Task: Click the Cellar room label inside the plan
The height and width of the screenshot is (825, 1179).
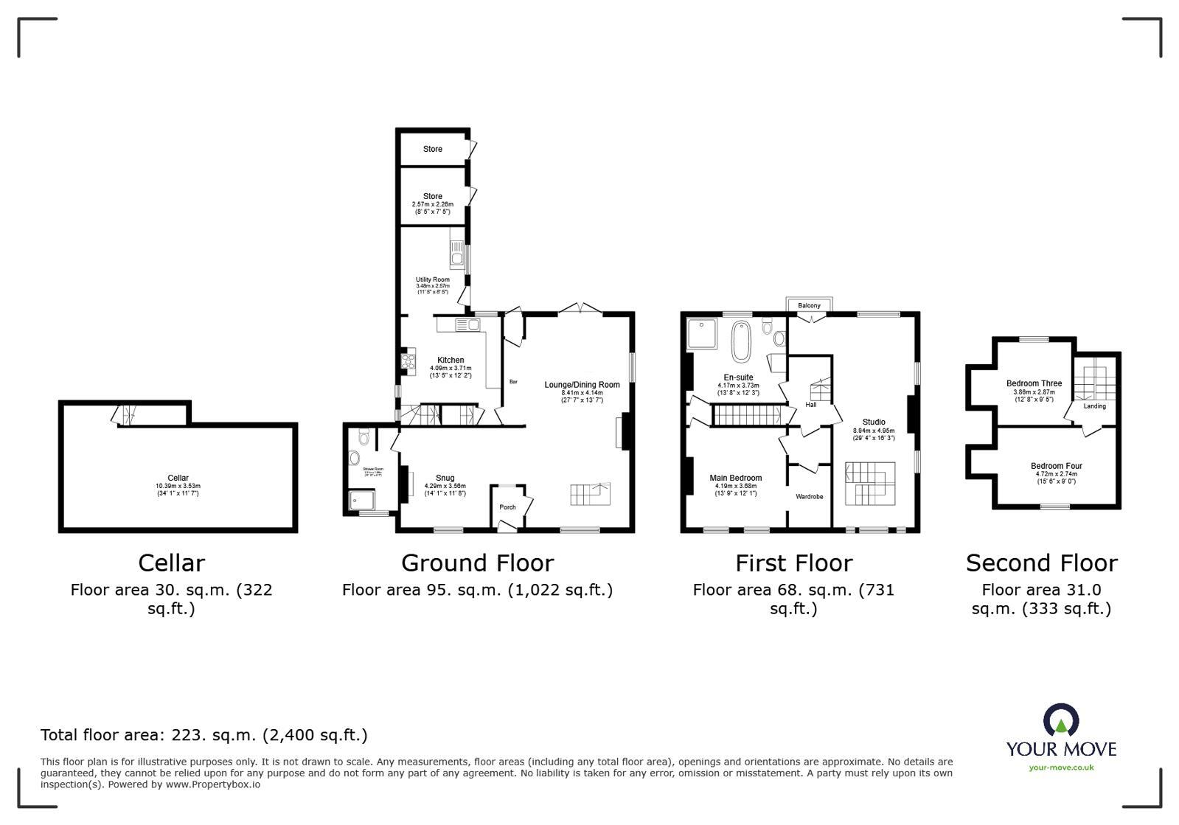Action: pos(178,478)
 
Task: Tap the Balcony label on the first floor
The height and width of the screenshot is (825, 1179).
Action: pos(809,305)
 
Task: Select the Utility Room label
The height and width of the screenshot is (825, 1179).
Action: pos(432,279)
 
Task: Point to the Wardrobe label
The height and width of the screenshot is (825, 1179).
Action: pos(809,497)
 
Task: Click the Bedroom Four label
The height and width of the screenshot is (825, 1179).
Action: pos(1056,466)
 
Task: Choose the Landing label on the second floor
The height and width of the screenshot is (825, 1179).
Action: pos(1094,406)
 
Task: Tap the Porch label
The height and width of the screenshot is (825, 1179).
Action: pos(507,507)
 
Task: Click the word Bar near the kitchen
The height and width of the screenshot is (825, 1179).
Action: pos(513,382)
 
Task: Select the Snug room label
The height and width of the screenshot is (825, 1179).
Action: pos(445,478)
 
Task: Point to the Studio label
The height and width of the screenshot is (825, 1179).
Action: pos(874,422)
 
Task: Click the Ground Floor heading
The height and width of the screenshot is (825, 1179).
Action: pos(477,563)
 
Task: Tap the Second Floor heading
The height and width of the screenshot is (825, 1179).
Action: pos(1041,563)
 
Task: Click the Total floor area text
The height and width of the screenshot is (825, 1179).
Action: pos(204,735)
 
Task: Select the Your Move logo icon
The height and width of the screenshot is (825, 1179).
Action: pos(1061,720)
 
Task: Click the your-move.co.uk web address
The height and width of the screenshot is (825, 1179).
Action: pos(1061,767)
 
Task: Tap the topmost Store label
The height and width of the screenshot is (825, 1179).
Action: pos(433,149)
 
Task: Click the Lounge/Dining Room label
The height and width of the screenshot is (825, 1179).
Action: pos(582,385)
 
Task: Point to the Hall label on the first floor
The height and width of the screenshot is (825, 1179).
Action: pos(811,405)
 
